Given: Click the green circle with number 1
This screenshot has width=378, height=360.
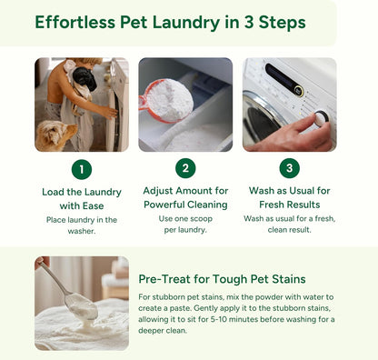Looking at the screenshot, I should coord(81,170).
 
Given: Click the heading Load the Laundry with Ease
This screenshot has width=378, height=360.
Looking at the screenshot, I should coord(81,199).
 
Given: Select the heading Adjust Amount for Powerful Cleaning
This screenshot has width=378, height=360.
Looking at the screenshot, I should coord(185,199).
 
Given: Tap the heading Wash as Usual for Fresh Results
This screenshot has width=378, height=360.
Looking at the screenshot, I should coord(290,199).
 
